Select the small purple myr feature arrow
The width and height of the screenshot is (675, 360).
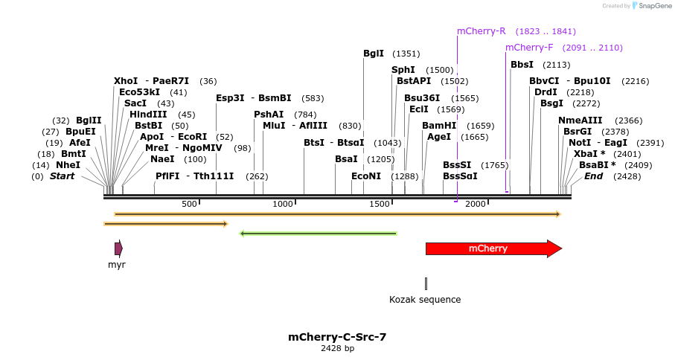pyautogui.click(x=118, y=248)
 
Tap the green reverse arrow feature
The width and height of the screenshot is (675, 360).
pyautogui.click(x=319, y=234)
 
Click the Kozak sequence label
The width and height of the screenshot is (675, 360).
pyautogui.click(x=425, y=300)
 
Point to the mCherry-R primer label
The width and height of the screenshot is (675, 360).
pyautogui.click(x=481, y=31)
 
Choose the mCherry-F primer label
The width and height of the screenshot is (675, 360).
pyautogui.click(x=529, y=48)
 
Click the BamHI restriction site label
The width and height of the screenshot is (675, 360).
pyautogui.click(x=439, y=126)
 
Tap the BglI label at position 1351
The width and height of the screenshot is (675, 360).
pyautogui.click(x=374, y=54)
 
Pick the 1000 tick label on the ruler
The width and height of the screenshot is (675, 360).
pyautogui.click(x=283, y=204)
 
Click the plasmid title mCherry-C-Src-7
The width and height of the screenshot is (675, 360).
pyautogui.click(x=337, y=337)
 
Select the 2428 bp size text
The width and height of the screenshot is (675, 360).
pyautogui.click(x=337, y=348)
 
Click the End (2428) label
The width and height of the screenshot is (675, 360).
pyautogui.click(x=593, y=176)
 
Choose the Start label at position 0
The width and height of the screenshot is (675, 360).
pyautogui.click(x=62, y=176)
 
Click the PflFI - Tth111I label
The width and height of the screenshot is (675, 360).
pyautogui.click(x=194, y=176)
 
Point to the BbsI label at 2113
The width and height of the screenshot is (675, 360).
pyautogui.click(x=522, y=65)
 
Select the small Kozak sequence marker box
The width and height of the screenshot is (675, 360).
pyautogui.click(x=426, y=283)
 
